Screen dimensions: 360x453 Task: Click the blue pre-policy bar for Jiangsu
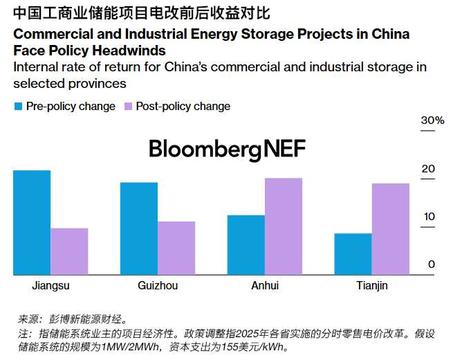[x=32, y=222]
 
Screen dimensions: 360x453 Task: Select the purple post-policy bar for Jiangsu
[x=69, y=251]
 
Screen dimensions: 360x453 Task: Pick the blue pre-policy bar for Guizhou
[x=139, y=228]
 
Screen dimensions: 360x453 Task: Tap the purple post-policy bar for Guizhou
[x=176, y=248]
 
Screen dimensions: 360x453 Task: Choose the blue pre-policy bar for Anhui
[x=246, y=245]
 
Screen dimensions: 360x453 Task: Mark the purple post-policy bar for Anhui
[x=284, y=226]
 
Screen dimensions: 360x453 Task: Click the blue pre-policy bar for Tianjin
[x=353, y=254]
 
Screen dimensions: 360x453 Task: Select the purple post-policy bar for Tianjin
[x=391, y=229]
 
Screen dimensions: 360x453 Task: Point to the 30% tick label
[x=432, y=120]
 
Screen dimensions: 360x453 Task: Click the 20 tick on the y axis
[x=429, y=168]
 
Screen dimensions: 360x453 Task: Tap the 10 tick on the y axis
[x=429, y=216]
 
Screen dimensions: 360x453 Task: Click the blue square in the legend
[x=18, y=107]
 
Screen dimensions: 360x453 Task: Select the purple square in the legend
[x=128, y=107]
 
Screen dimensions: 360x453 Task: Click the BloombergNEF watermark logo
[x=227, y=149]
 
